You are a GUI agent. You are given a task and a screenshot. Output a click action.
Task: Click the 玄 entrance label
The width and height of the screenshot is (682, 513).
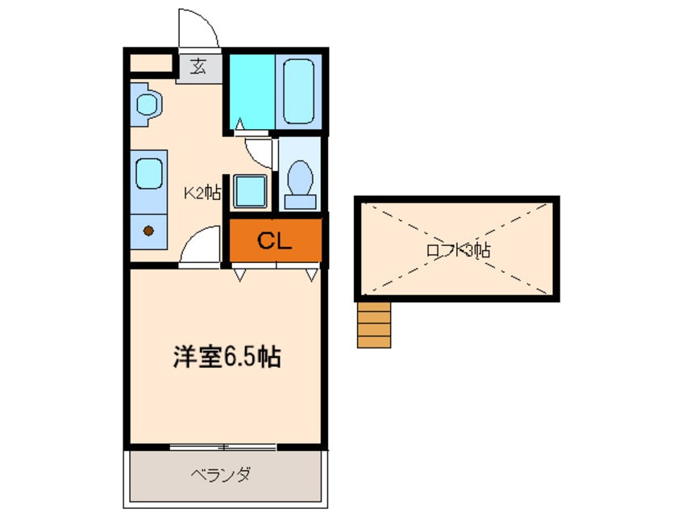pyautogui.click(x=198, y=66)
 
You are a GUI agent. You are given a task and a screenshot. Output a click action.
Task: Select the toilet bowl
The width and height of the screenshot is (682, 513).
pyautogui.click(x=301, y=174)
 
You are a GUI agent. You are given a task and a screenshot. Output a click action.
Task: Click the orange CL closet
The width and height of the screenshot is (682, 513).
pyautogui.click(x=275, y=240)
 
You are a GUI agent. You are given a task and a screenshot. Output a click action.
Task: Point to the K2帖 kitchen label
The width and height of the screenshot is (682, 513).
pyautogui.click(x=202, y=192)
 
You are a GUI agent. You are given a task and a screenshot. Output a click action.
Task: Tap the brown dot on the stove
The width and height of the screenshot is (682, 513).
pyautogui.click(x=148, y=231)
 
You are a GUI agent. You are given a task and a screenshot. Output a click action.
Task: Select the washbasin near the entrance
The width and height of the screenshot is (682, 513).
pyautogui.click(x=148, y=104)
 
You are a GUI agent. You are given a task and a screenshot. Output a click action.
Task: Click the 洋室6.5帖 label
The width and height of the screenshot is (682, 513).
pyautogui.click(x=226, y=357)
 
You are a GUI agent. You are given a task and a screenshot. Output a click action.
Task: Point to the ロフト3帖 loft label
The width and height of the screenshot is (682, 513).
pyautogui.click(x=457, y=250)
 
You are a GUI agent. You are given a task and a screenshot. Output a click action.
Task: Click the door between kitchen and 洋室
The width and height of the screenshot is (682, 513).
pyautogui.click(x=199, y=246)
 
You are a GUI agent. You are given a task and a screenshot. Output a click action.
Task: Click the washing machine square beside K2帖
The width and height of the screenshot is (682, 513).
pyautogui.click(x=249, y=192)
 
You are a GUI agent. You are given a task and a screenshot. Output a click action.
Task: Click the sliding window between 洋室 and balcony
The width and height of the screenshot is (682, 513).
pyautogui.click(x=224, y=446)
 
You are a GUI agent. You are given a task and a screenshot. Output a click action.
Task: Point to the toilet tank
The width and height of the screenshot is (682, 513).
pyautogui.click(x=301, y=200)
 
